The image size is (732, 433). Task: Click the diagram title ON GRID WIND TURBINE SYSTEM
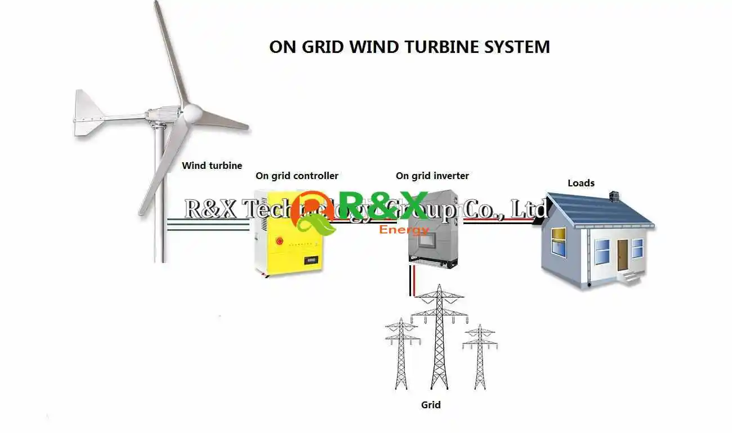[x=409, y=46]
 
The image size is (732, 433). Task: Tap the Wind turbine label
[x=212, y=166]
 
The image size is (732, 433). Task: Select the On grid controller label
[x=297, y=176]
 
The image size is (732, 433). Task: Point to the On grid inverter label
[x=432, y=176]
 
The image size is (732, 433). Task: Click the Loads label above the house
[x=581, y=183]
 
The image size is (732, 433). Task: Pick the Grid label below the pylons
[x=431, y=405]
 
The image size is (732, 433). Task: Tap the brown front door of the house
[x=622, y=255]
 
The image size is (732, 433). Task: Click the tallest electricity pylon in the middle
[x=439, y=338]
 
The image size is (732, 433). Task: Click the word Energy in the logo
[x=404, y=230]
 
